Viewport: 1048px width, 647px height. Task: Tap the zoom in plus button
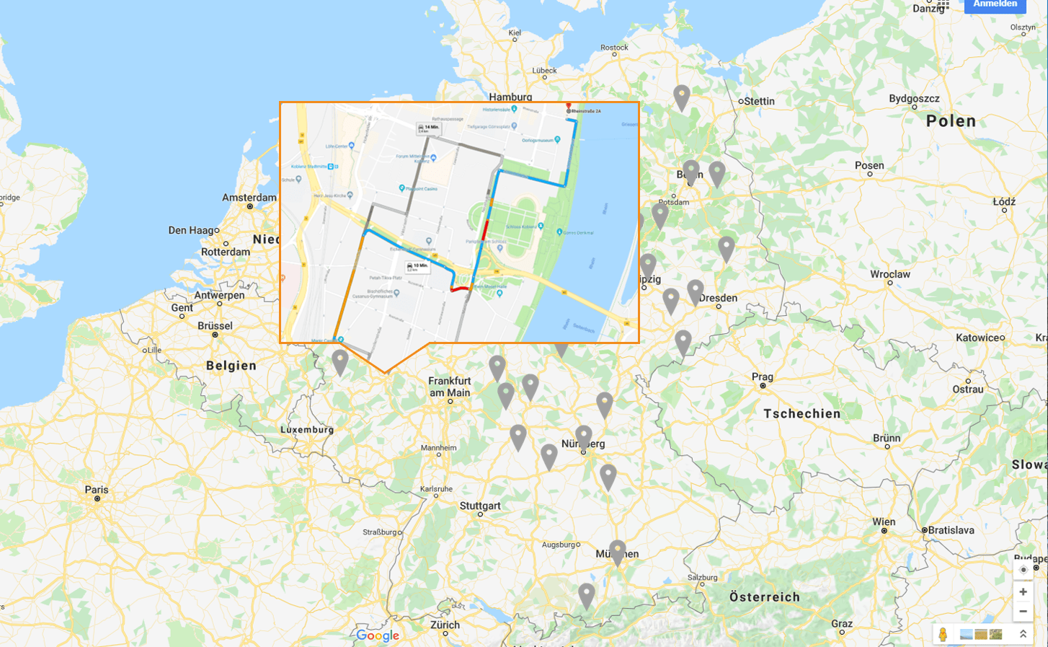pyautogui.click(x=1023, y=591)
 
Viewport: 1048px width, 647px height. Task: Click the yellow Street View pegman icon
pyautogui.click(x=943, y=634)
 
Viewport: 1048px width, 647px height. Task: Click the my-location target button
pyautogui.click(x=1023, y=570)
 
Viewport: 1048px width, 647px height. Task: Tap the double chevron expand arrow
pyautogui.click(x=1022, y=634)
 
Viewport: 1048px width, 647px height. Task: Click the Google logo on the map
pyautogui.click(x=378, y=635)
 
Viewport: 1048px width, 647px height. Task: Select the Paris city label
pyautogui.click(x=97, y=490)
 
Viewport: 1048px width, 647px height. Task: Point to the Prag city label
pyautogui.click(x=762, y=377)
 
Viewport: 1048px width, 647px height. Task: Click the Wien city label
pyautogui.click(x=884, y=521)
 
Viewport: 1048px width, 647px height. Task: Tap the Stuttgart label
pyautogui.click(x=480, y=506)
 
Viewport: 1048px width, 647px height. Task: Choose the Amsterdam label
pyautogui.click(x=249, y=198)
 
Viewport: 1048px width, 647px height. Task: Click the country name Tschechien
pyautogui.click(x=801, y=413)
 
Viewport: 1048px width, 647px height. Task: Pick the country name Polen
pyautogui.click(x=951, y=121)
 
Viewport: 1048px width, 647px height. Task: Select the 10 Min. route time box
pyautogui.click(x=417, y=267)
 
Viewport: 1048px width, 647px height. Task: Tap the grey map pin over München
pyautogui.click(x=617, y=551)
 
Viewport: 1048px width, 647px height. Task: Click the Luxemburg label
pyautogui.click(x=307, y=430)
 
